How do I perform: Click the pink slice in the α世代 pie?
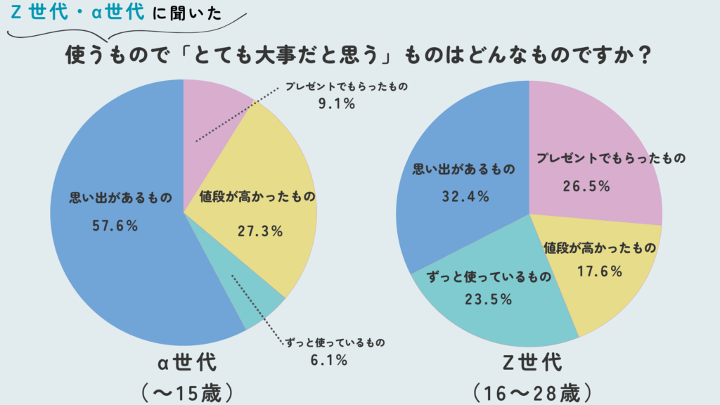[211, 112]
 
